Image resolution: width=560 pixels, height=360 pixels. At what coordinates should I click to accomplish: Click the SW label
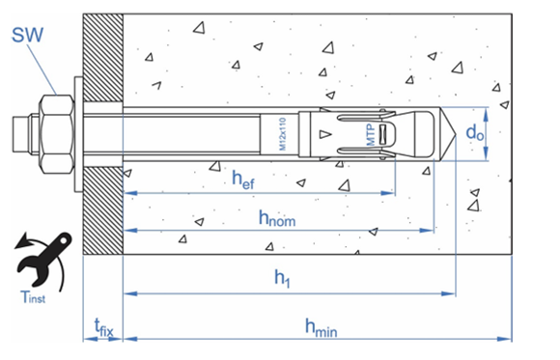click(27, 35)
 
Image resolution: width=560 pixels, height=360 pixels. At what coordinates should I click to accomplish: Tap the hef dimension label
click(243, 179)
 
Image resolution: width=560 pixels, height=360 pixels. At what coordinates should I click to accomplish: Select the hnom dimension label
click(277, 217)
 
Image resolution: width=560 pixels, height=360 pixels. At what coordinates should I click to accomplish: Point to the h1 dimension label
click(283, 278)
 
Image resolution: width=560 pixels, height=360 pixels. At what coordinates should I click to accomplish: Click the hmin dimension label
click(322, 327)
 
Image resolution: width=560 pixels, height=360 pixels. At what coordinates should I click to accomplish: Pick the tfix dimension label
click(103, 328)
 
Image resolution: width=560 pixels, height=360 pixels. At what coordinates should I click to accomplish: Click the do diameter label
click(475, 133)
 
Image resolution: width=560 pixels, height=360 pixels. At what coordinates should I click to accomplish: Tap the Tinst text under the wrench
click(33, 297)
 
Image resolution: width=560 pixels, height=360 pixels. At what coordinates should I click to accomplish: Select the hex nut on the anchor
click(57, 134)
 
